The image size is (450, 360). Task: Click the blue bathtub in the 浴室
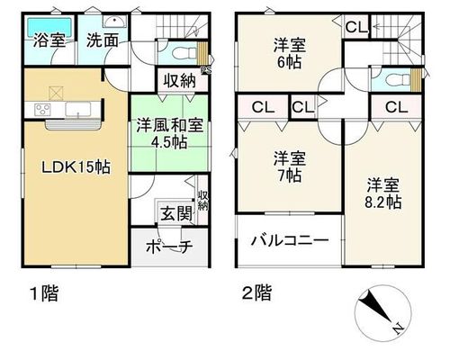point(49,27)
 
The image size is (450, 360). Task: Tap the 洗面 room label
point(103,40)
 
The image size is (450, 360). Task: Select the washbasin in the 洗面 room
point(115,22)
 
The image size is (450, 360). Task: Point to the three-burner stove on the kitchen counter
point(42,109)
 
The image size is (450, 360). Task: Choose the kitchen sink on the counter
point(78,109)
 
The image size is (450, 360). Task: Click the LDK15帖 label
point(76,167)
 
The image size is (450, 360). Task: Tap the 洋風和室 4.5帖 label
point(170,134)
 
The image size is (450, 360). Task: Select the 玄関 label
point(176,214)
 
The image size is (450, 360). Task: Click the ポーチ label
point(169,247)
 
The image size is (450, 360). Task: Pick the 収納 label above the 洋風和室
point(180,81)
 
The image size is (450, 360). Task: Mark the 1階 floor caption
point(44,293)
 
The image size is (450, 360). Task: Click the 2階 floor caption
point(257,292)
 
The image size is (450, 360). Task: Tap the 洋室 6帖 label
point(289,54)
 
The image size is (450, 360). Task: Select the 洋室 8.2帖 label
point(383,193)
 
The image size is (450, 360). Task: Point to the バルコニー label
point(290,240)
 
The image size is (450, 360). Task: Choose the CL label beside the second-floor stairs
point(356,28)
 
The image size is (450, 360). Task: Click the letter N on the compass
point(398,329)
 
